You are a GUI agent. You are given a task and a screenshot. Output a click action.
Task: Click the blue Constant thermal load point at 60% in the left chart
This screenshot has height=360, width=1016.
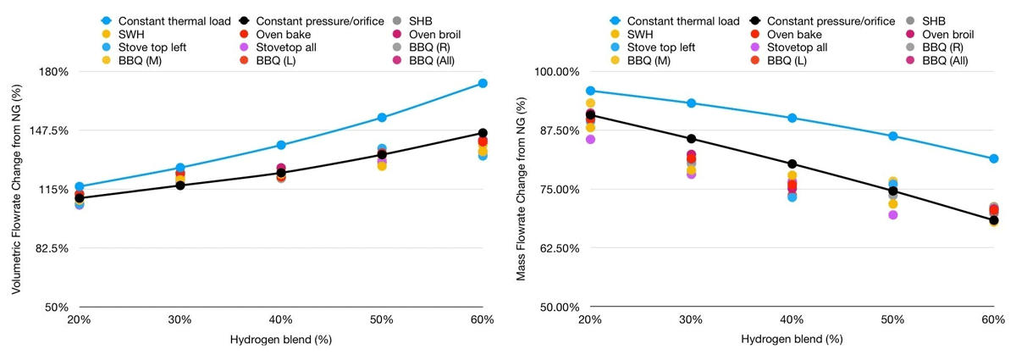[x=483, y=83]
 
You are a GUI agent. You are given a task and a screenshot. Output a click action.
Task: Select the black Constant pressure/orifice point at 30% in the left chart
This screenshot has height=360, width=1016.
[x=180, y=186]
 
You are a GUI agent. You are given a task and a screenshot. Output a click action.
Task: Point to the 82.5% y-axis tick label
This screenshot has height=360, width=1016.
[x=54, y=248]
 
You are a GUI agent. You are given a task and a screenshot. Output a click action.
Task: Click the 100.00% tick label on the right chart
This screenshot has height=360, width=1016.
[x=556, y=72]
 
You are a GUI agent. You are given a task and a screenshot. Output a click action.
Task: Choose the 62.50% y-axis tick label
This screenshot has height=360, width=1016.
[x=560, y=248]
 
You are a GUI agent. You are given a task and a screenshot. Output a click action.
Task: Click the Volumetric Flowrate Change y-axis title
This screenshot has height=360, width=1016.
[x=16, y=189]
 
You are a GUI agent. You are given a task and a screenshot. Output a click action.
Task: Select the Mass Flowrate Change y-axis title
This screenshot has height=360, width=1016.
[x=521, y=189]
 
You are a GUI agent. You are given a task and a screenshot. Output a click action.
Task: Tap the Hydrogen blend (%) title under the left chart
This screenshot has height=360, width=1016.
[x=281, y=340]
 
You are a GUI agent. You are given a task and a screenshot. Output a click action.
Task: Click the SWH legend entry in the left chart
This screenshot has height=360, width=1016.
[x=123, y=34]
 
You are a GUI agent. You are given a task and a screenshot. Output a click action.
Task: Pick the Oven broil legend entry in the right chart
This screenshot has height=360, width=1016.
[x=939, y=34]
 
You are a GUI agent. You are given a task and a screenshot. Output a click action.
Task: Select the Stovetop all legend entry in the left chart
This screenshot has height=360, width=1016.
[x=278, y=47]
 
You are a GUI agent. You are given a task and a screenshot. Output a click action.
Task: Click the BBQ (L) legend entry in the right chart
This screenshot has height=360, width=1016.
[x=778, y=60]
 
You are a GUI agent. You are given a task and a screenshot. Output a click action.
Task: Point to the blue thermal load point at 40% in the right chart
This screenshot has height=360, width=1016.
[x=792, y=118]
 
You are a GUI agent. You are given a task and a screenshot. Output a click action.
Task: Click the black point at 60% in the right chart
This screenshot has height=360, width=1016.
[x=993, y=220]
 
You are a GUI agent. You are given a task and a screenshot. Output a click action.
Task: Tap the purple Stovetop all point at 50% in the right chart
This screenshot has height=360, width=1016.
[x=892, y=214]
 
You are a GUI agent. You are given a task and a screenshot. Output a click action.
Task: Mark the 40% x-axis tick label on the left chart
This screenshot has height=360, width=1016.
[x=281, y=319]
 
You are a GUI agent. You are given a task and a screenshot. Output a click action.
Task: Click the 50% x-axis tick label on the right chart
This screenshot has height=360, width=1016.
[x=892, y=319]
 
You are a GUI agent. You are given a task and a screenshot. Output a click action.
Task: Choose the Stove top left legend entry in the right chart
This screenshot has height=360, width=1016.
[x=652, y=47]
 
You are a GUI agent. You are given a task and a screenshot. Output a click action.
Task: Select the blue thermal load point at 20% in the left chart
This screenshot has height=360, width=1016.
[x=80, y=186]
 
